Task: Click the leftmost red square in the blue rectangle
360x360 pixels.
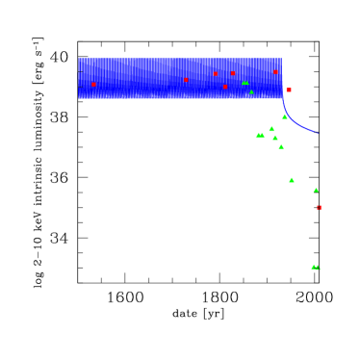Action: (93, 85)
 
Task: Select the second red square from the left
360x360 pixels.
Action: (186, 80)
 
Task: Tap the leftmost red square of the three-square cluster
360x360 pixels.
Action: (215, 74)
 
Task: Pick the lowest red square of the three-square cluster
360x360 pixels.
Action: (225, 87)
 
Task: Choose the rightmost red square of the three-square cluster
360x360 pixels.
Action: (232, 73)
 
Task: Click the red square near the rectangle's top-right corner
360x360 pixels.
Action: (275, 72)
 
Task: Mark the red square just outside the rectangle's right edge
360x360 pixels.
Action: (289, 90)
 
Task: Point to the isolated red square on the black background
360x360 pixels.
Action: (319, 207)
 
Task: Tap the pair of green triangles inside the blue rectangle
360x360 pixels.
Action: (244, 83)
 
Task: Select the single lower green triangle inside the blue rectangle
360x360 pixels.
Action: (251, 92)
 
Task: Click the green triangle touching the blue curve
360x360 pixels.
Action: (284, 116)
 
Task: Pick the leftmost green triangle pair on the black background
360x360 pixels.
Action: (259, 136)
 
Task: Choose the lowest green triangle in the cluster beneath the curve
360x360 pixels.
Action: (281, 147)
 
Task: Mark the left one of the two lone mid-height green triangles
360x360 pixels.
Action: (292, 180)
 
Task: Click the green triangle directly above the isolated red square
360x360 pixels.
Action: (316, 191)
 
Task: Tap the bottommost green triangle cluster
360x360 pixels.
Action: (315, 268)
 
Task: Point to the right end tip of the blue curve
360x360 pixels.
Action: (318, 133)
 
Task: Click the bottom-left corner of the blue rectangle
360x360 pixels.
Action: (79, 98)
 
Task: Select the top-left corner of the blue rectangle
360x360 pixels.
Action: (79, 58)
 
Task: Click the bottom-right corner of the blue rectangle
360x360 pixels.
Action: (282, 98)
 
